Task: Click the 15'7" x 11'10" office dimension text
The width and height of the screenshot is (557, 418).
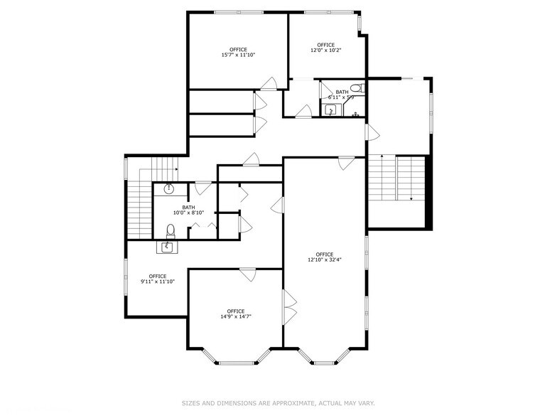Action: coord(238,55)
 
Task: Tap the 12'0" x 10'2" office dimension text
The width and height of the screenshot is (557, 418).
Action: coord(325,50)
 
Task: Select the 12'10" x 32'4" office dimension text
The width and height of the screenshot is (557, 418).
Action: coord(325,260)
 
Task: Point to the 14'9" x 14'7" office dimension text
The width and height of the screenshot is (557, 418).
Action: coord(235,316)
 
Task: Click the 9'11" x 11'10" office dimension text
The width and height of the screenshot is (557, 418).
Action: coord(157,282)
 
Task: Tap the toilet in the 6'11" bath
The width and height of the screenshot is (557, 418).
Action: coord(359,89)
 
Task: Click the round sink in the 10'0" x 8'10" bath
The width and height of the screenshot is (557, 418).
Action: coord(169,189)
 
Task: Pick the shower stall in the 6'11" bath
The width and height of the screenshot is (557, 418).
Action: coord(331,109)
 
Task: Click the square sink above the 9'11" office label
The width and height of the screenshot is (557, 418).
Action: coord(167,247)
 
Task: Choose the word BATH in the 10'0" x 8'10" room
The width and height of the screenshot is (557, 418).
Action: coord(188,207)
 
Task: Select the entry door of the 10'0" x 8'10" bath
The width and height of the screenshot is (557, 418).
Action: coord(202,187)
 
